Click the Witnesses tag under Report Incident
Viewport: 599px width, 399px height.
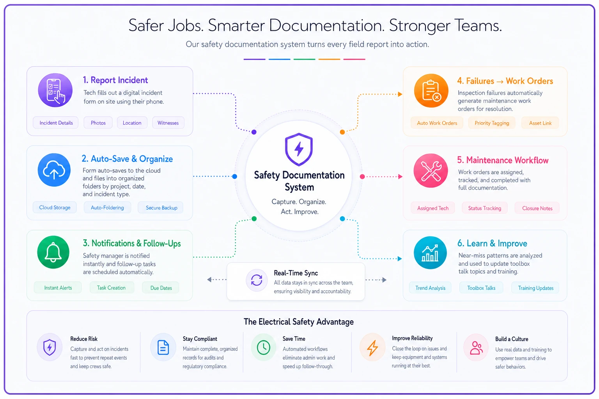168,123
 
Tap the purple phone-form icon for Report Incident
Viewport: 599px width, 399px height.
55,90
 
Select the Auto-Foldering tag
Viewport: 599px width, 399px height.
107,207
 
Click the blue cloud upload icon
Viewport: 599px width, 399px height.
54,170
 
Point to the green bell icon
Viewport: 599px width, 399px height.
53,252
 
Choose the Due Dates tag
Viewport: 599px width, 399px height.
161,288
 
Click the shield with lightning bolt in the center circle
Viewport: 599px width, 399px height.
299,149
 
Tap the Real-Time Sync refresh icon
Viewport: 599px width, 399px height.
257,280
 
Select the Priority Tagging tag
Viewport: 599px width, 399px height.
492,123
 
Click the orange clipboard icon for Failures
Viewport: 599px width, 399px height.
431,91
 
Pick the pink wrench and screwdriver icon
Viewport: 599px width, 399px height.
431,171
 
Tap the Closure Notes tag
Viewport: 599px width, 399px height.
537,208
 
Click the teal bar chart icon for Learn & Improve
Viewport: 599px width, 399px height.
430,252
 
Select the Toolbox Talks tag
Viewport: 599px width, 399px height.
481,288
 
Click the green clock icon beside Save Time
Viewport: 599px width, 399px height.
263,348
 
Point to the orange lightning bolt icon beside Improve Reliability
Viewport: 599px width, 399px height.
372,348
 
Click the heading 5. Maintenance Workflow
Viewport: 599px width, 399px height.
503,160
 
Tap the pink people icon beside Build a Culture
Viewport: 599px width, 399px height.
476,348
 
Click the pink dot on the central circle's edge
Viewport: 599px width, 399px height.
362,177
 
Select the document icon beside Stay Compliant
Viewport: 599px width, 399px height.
163,348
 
